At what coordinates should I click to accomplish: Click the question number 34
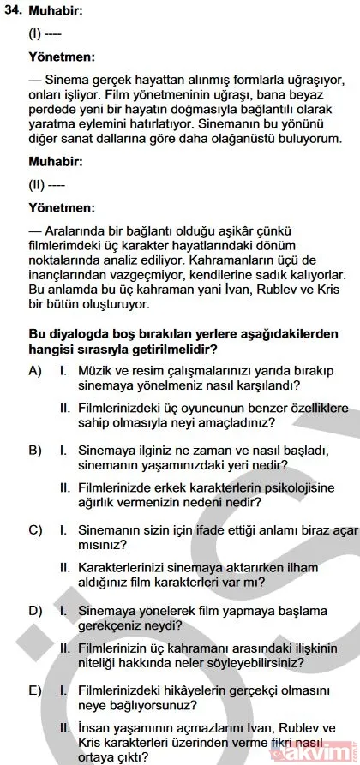point(14,13)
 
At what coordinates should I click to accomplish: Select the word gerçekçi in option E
point(249,690)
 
